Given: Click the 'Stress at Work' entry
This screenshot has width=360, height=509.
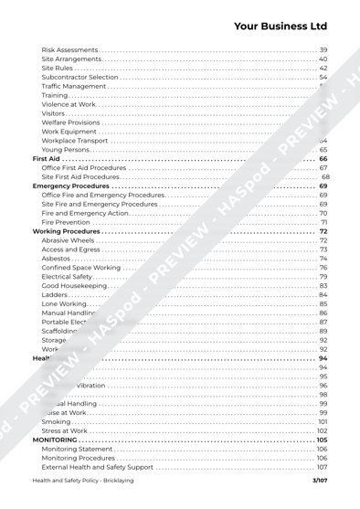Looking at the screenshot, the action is point(65,429).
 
